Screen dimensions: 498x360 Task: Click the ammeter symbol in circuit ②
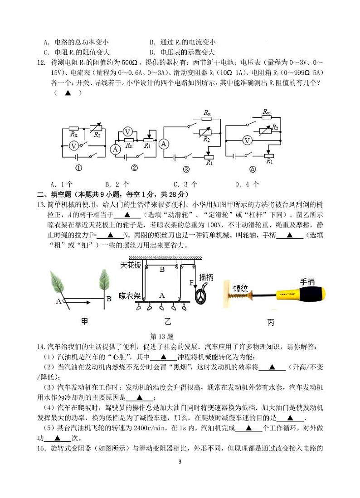click(116, 149)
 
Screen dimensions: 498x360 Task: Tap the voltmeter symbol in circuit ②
click(128, 132)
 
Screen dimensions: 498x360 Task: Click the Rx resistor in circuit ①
click(74, 128)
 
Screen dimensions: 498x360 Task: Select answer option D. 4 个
click(247, 184)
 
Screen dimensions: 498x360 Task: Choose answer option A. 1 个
click(62, 184)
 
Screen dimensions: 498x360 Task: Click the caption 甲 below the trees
click(84, 321)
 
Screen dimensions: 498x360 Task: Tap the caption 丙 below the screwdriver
click(271, 323)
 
